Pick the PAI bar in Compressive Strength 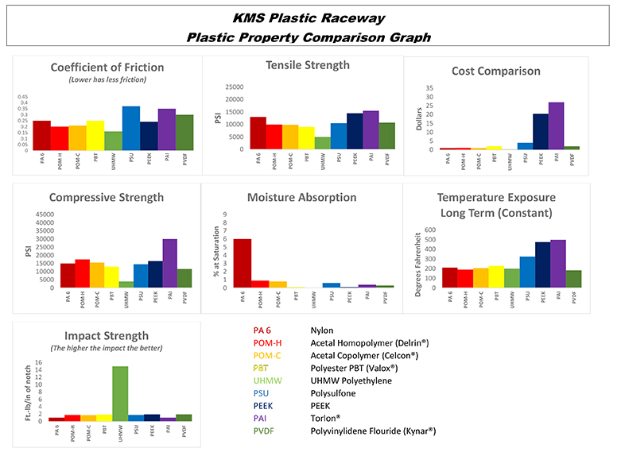coord(169,263)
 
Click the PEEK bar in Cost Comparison coord(541,132)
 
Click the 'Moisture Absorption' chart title coord(301,197)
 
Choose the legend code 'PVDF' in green coord(264,431)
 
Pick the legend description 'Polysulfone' coord(335,393)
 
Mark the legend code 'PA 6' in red coord(261,330)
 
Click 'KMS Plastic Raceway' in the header coord(309,17)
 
